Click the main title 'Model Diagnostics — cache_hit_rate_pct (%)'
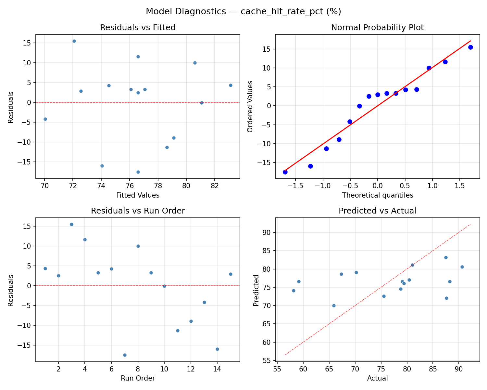point(243,12)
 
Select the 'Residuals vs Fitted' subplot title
point(138,28)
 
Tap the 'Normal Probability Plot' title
point(377,28)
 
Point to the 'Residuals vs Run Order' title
point(138,211)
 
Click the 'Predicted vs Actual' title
point(377,211)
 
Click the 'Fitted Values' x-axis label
point(138,195)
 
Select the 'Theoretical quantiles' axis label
point(377,195)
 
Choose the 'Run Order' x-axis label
point(138,378)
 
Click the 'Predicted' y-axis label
point(256,290)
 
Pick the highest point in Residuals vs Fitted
point(74,41)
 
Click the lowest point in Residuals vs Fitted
point(138,172)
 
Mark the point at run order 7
point(125,355)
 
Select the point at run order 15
point(231,274)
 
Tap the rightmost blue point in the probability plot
point(470,47)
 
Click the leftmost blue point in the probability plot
point(285,172)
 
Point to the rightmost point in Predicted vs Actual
point(462,267)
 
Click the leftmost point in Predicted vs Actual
point(293,291)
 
